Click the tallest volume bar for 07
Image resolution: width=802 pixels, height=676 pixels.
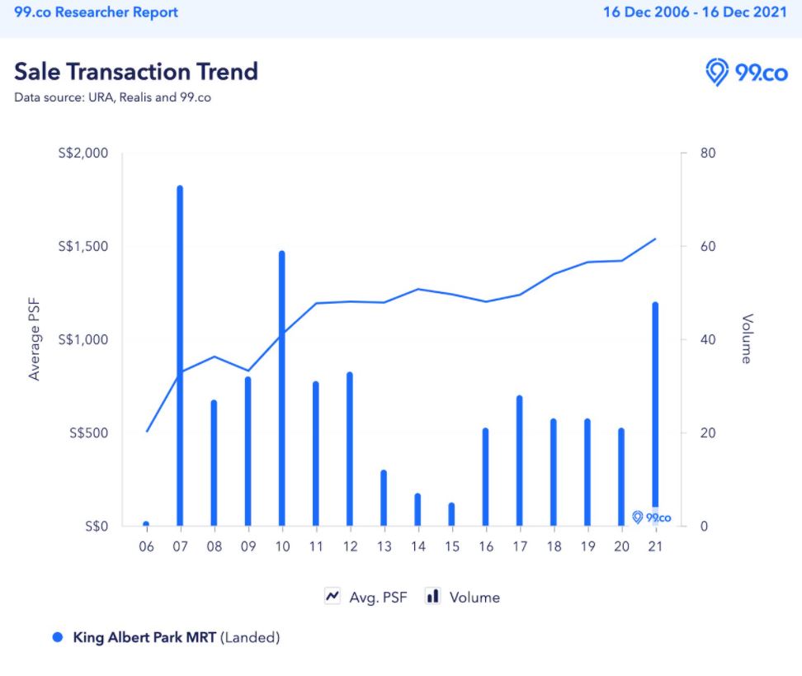[x=180, y=355]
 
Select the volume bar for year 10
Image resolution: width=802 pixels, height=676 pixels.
[x=281, y=388]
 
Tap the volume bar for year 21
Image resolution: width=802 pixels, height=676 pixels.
[x=655, y=404]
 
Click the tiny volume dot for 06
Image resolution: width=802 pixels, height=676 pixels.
[x=146, y=523]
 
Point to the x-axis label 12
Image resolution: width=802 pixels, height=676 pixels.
[x=350, y=546]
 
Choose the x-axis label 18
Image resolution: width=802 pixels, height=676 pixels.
[x=554, y=546]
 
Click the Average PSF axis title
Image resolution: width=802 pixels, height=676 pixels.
[x=35, y=340]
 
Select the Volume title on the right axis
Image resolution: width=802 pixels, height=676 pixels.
[x=747, y=338]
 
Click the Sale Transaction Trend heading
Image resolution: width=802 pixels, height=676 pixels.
[x=136, y=71]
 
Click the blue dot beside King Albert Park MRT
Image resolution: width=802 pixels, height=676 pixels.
[x=58, y=637]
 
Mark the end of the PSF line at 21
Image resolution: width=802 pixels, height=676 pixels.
[x=655, y=239]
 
